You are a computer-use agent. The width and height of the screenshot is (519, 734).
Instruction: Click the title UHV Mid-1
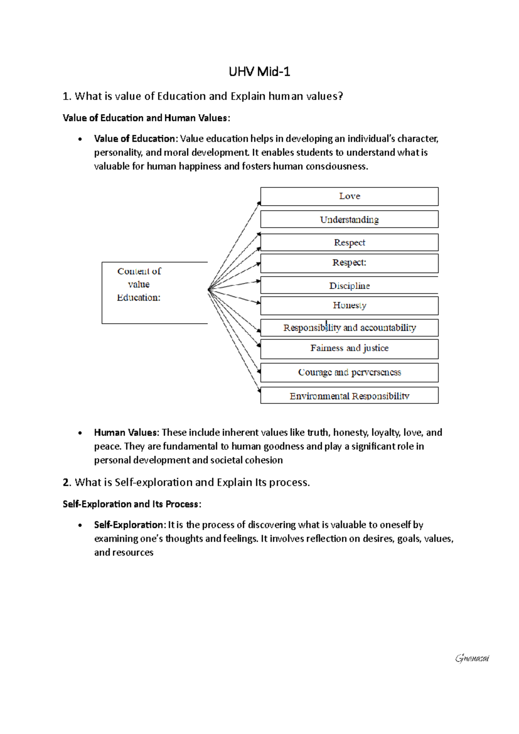coord(259,71)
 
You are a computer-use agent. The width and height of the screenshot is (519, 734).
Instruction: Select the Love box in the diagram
coord(349,196)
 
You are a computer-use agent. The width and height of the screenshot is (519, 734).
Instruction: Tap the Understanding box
coord(349,219)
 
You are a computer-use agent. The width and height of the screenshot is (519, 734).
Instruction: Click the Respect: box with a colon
coord(349,263)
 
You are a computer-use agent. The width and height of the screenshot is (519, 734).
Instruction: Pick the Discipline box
coord(349,286)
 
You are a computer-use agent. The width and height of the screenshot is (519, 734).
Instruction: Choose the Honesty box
coord(349,306)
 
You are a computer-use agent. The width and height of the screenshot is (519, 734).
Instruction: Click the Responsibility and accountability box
coord(349,328)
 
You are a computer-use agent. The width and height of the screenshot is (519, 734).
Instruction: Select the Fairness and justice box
coord(349,348)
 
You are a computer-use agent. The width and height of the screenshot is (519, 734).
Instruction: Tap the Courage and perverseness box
coord(349,372)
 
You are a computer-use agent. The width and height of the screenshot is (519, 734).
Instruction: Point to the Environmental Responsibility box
coord(349,396)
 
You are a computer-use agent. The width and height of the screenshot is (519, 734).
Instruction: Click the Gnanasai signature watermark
coord(472,659)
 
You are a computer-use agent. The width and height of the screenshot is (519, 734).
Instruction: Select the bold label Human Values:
coord(127,432)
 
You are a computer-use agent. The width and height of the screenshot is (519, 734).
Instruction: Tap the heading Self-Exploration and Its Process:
coord(132,504)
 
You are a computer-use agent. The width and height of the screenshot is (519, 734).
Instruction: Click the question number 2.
coord(66,483)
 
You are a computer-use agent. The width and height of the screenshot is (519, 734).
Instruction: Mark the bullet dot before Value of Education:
coord(80,139)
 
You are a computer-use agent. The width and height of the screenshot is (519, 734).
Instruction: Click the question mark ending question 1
coord(341,96)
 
